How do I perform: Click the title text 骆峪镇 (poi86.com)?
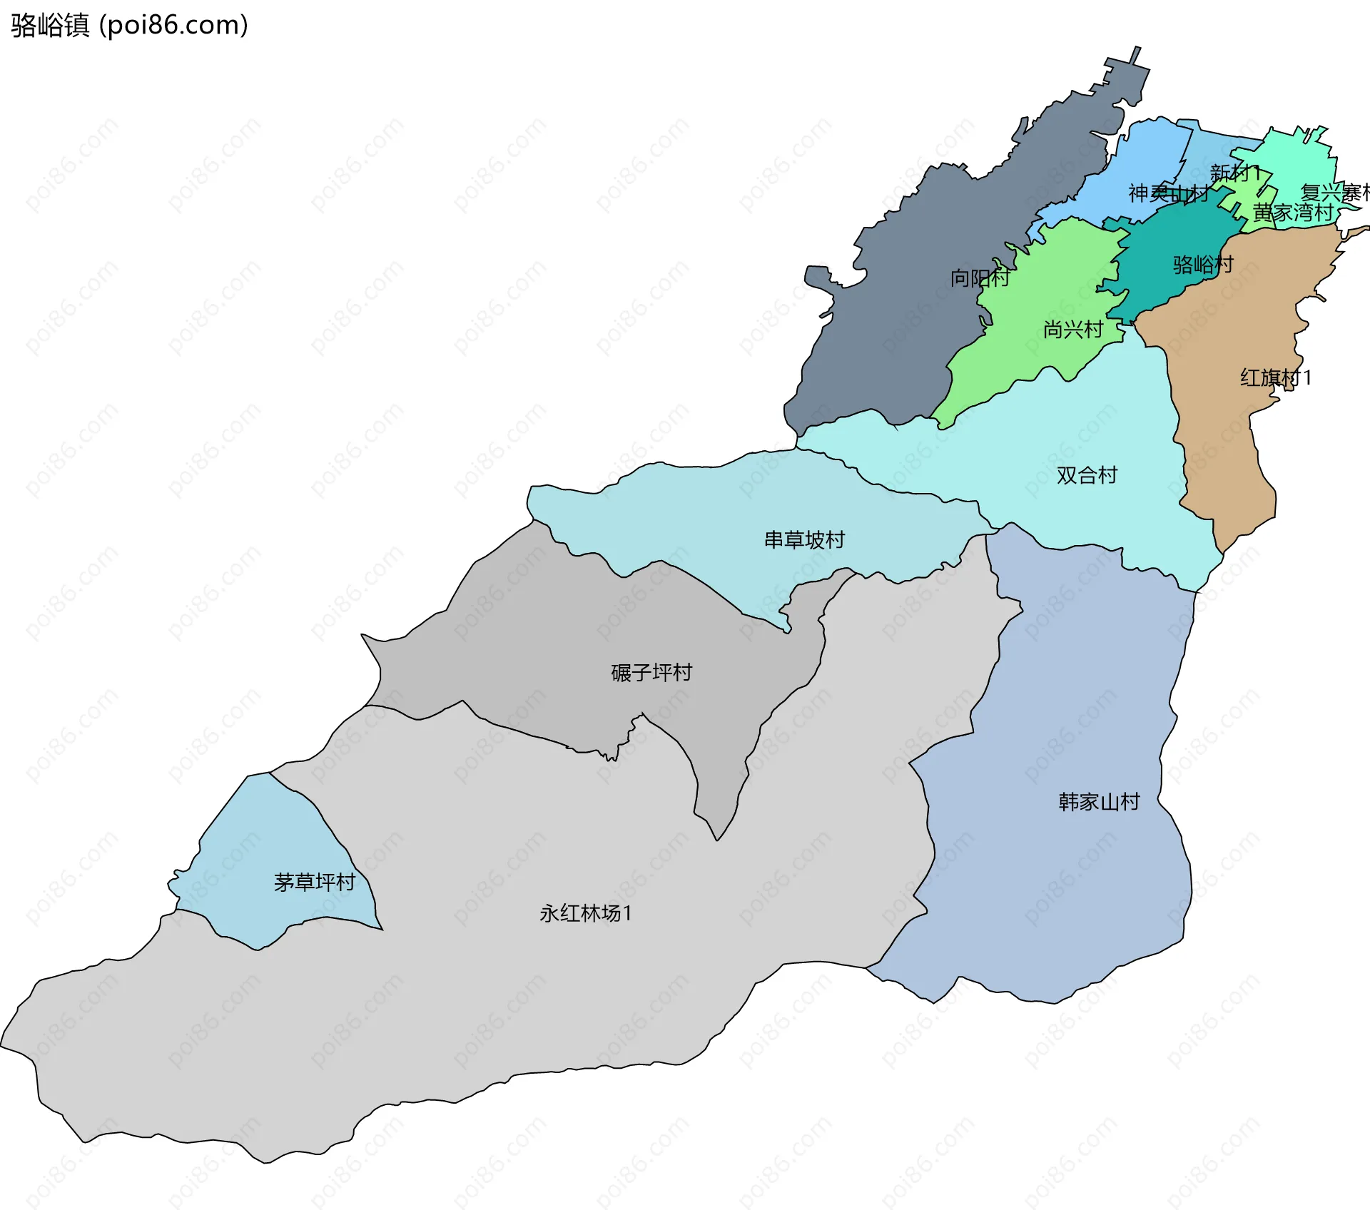129,25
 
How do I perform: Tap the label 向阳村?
979,278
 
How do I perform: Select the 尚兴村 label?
1072,329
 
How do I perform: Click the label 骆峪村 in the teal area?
1202,265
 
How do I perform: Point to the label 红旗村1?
1275,377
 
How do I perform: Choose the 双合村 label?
1086,475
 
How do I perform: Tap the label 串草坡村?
804,539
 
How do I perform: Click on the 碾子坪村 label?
651,672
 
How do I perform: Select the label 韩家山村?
1099,802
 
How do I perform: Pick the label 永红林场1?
585,913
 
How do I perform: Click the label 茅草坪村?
314,883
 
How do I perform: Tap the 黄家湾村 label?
1292,212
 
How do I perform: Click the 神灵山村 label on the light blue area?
1167,193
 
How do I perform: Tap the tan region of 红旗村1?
1227,442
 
